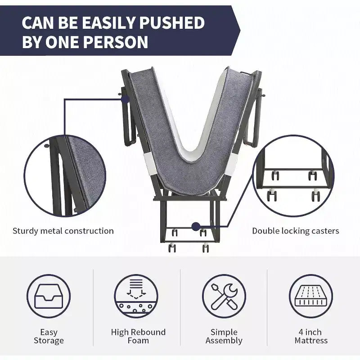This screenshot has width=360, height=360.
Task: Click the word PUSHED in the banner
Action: pos(172,22)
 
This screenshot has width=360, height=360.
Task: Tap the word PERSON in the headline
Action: pos(116,42)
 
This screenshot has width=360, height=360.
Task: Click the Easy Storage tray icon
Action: pos(49,296)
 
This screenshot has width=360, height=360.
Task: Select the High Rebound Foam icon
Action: pos(136,296)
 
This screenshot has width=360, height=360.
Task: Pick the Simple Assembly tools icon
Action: pos(224,296)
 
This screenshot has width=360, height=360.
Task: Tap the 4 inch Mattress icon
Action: pos(311,296)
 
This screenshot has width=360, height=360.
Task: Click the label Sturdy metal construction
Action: pos(63,231)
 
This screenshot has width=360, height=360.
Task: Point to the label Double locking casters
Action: pos(296,231)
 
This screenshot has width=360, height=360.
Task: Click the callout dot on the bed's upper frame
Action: pos(125,99)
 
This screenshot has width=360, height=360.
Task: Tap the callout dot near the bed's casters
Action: pos(196,227)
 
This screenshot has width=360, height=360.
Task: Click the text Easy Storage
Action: pos(49,336)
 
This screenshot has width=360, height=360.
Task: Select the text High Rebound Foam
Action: pos(138,336)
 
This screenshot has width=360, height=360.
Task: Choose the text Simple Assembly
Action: pos(224,336)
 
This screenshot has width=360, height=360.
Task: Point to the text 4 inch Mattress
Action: pos(311,336)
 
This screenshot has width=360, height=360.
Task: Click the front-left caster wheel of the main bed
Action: pos(172,248)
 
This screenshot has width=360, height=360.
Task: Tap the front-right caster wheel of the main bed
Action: pos(206,248)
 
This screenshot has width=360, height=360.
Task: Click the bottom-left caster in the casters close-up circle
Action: pos(272,195)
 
